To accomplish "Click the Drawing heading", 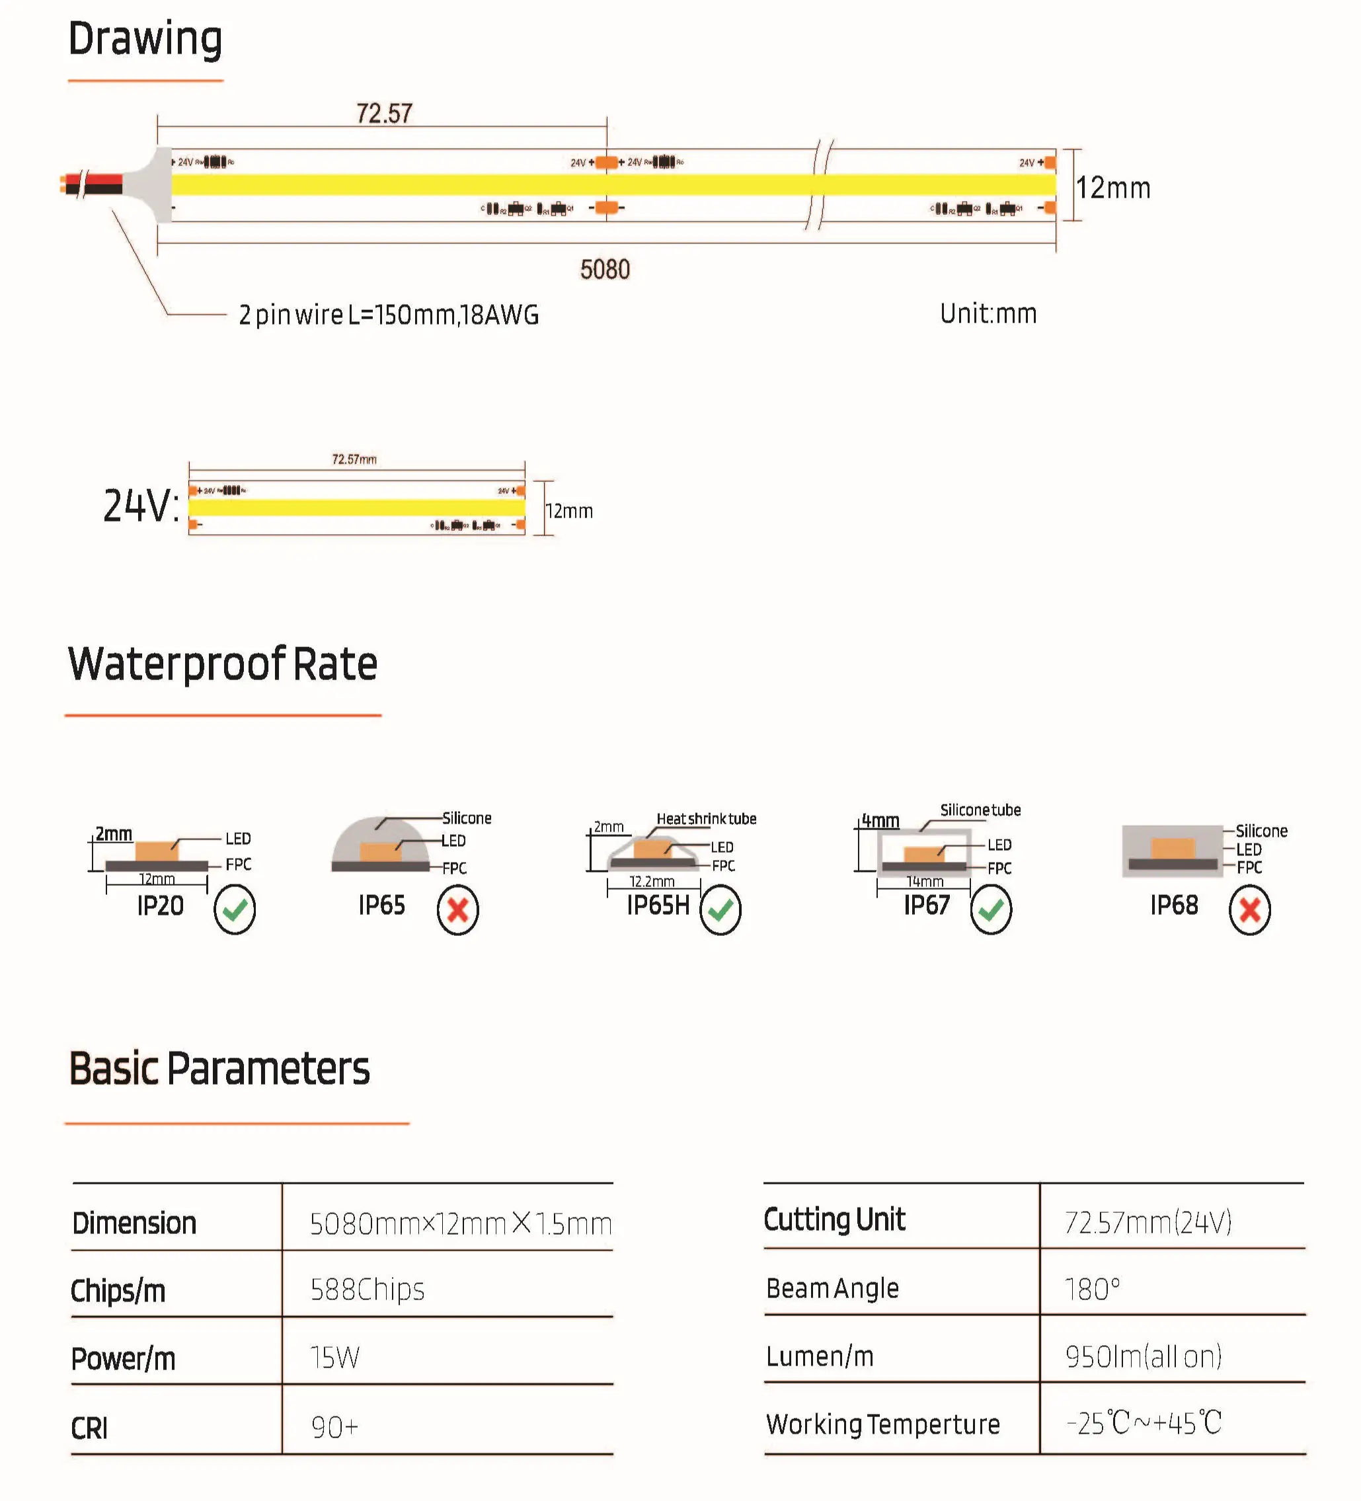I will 145,40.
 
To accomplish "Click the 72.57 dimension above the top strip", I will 383,114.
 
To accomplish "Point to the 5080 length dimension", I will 605,270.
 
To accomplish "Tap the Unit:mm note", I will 988,314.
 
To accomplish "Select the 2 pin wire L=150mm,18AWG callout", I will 389,315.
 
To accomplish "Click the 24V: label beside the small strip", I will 141,506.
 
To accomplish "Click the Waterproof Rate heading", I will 223,664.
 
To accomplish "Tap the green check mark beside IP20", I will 235,909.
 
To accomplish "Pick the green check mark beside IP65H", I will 720,909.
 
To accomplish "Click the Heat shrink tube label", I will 706,819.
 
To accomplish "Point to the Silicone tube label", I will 980,810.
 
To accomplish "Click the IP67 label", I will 926,905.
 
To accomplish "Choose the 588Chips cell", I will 367,1289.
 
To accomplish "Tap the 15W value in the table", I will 335,1358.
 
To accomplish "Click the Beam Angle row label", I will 832,1288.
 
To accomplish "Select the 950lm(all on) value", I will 1144,1356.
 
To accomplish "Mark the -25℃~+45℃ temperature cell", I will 1144,1423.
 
